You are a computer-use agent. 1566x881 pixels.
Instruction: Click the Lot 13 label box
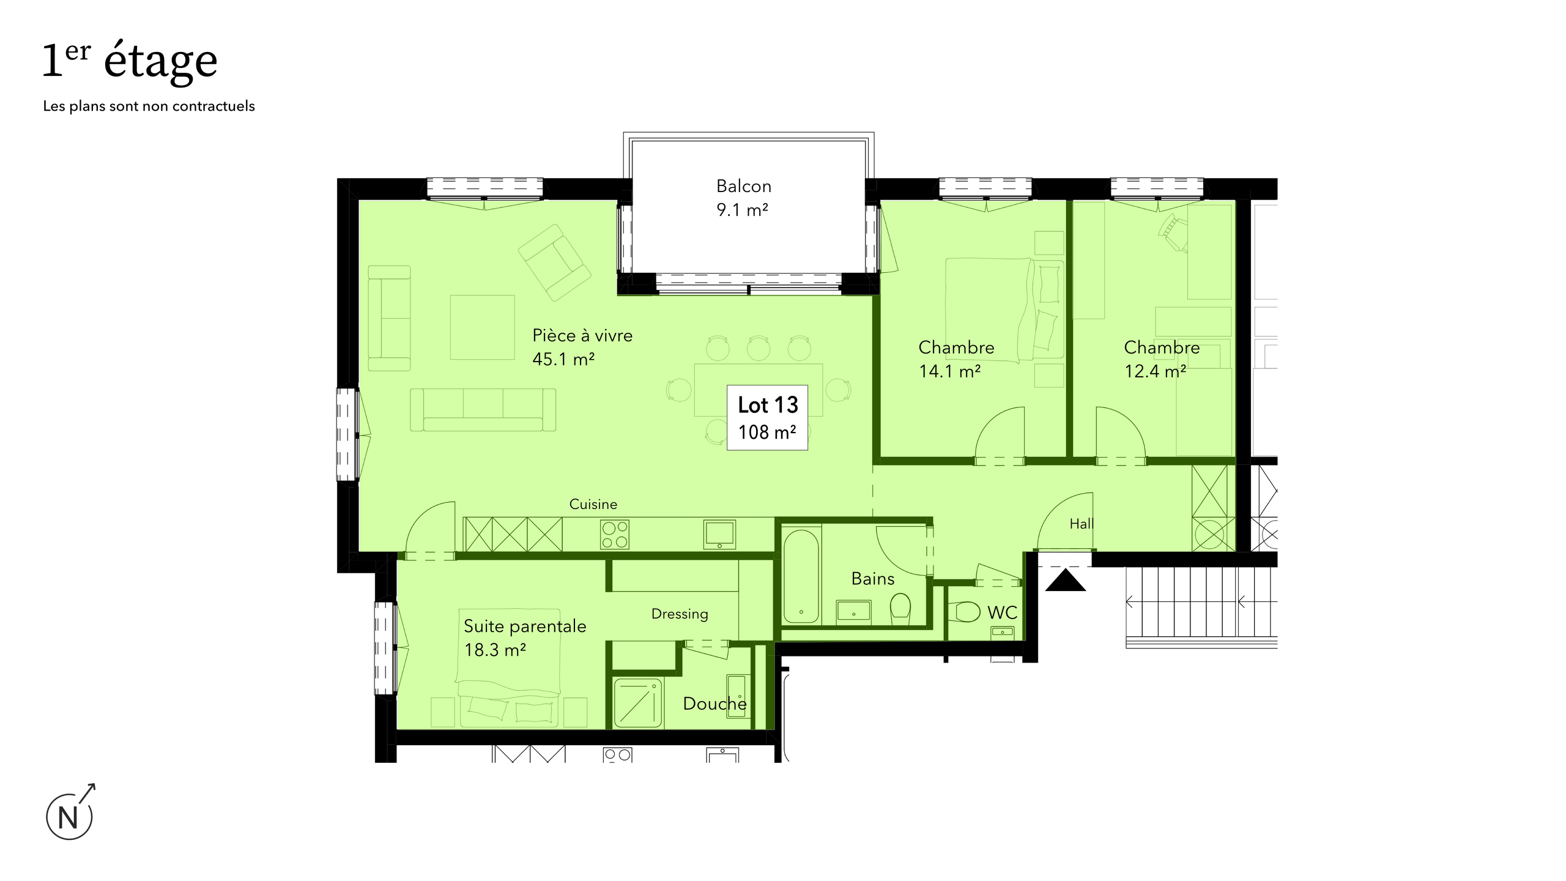pos(767,418)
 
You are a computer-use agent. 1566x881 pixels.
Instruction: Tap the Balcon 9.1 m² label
pos(743,198)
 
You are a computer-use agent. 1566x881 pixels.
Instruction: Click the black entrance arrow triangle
pos(1066,580)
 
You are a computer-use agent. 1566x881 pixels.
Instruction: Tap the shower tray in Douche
pos(638,703)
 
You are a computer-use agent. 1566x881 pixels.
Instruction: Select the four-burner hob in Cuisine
pos(614,534)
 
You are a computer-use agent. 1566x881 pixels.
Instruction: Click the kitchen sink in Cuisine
pos(719,534)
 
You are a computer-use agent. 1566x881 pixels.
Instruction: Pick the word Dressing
pos(680,614)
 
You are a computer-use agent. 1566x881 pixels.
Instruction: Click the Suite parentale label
pos(525,626)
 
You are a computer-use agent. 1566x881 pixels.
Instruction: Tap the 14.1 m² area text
pos(950,371)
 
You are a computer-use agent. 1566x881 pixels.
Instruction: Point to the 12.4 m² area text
pos(1156,371)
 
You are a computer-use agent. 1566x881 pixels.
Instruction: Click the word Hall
pos(1082,524)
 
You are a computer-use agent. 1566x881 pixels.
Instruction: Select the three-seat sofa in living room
pos(483,410)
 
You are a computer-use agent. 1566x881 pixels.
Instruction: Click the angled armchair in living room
pos(554,262)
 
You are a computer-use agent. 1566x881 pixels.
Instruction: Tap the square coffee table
pos(483,327)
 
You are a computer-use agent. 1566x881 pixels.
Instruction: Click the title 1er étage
pos(130,61)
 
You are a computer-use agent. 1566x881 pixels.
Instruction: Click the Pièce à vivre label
pos(582,335)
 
